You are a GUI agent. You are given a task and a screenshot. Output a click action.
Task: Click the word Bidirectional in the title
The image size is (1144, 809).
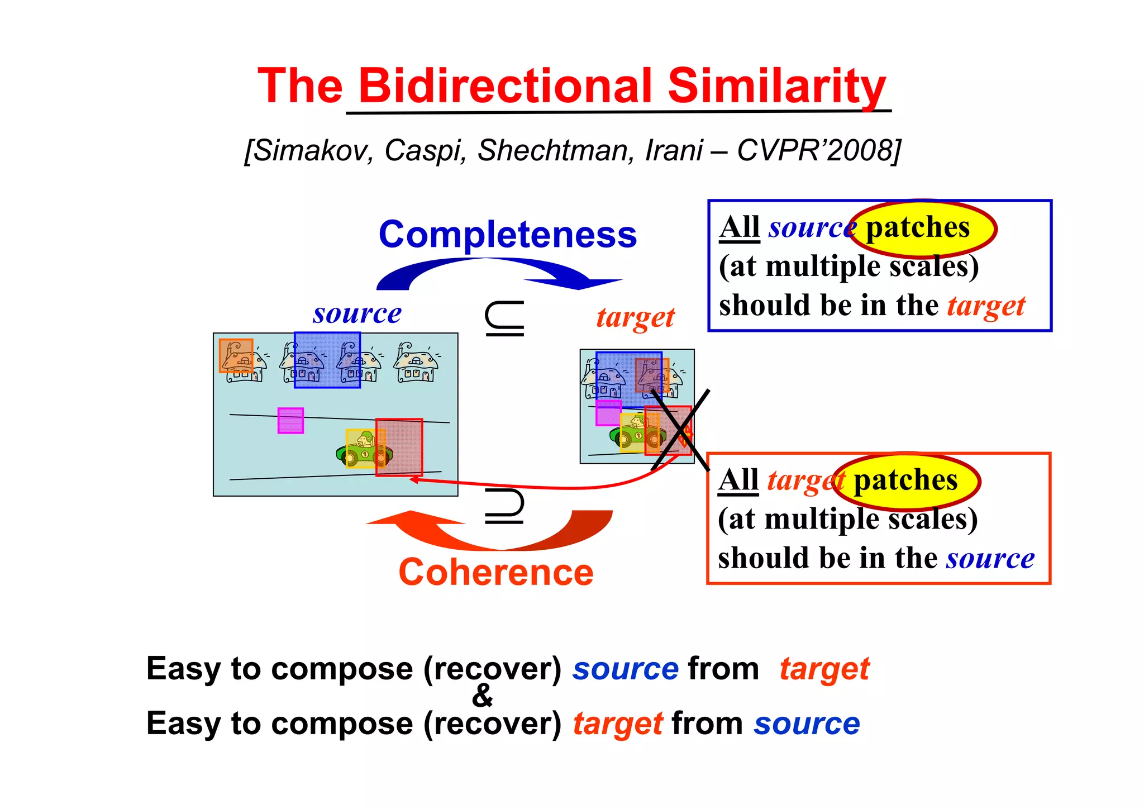pyautogui.click(x=505, y=86)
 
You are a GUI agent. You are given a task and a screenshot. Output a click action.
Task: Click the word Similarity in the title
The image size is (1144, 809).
pyautogui.click(x=776, y=86)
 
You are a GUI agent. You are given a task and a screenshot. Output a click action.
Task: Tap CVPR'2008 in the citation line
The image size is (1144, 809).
pyautogui.click(x=818, y=150)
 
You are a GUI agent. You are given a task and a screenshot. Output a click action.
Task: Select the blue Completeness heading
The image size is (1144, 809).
pyautogui.click(x=507, y=234)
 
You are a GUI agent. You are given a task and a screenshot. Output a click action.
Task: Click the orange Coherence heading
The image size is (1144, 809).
pyautogui.click(x=495, y=573)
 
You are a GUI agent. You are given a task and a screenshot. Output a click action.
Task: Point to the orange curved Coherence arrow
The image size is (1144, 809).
pyautogui.click(x=503, y=536)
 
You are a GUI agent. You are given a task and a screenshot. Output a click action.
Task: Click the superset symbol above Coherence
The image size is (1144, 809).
pyautogui.click(x=504, y=506)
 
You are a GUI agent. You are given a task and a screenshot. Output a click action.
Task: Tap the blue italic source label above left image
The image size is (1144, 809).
pyautogui.click(x=357, y=313)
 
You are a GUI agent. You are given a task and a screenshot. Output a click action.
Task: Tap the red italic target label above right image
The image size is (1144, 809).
pyautogui.click(x=635, y=318)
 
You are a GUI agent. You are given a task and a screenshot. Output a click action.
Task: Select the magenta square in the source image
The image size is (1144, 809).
pyautogui.click(x=290, y=421)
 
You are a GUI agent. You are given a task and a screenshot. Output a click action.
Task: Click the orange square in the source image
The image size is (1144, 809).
pyautogui.click(x=236, y=355)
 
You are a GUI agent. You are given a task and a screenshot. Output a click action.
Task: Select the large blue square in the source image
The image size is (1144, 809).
pyautogui.click(x=327, y=360)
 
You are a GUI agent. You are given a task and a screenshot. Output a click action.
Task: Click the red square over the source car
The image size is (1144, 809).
pyautogui.click(x=399, y=447)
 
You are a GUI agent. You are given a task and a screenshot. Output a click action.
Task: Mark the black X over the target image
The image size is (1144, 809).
pyautogui.click(x=680, y=429)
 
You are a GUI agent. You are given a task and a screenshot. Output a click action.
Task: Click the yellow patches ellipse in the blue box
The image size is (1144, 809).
pyautogui.click(x=923, y=229)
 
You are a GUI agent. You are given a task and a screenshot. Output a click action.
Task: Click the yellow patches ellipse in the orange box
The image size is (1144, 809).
pyautogui.click(x=907, y=481)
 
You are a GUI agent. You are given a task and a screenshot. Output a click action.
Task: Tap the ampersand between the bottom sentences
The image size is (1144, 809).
pyautogui.click(x=482, y=696)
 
